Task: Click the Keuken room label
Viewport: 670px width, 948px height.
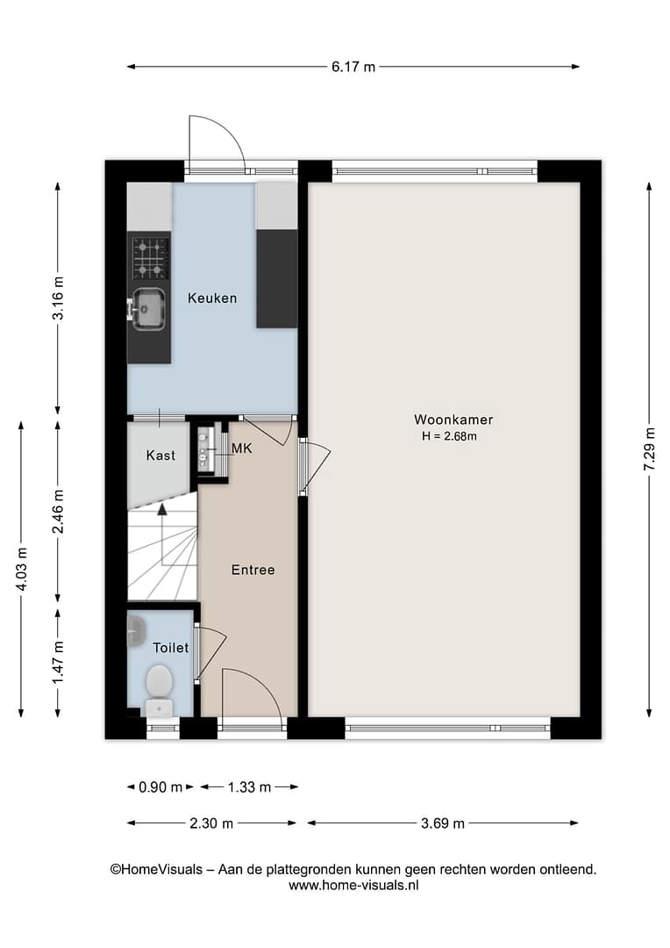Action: coord(212,298)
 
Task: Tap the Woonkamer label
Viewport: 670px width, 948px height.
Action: coord(453,420)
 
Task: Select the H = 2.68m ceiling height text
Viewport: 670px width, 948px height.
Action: coord(449,436)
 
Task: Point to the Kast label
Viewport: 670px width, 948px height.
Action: coord(160,456)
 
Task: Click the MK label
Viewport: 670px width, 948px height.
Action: coord(242,448)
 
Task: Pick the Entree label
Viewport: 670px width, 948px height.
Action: coord(253,570)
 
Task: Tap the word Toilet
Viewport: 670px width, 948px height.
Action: coord(171,648)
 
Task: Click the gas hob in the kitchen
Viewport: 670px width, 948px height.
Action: coord(150,257)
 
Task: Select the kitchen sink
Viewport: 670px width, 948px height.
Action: coord(146,309)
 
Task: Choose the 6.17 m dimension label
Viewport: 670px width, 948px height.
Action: coord(353,67)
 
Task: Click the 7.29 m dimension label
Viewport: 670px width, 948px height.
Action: coord(650,449)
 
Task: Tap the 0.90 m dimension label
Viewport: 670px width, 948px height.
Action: coord(160,787)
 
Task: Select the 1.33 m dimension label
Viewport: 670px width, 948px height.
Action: coord(249,787)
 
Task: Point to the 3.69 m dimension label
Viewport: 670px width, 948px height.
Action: coord(443,822)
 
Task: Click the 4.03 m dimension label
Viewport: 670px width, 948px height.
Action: coord(22,570)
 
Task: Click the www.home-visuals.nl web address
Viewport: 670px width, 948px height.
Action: coord(353,885)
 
